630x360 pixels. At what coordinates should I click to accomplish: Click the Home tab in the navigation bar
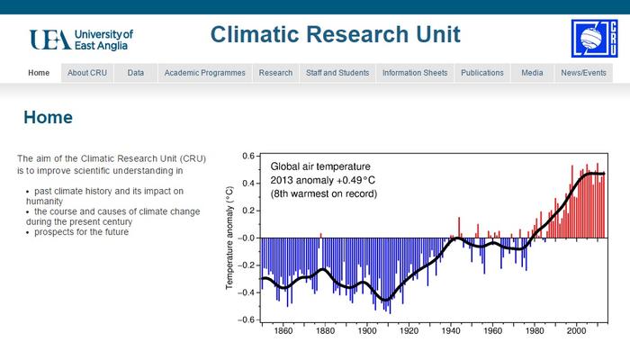coord(39,73)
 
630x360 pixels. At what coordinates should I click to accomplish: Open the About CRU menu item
coord(87,73)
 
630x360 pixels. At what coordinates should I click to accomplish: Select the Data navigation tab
coord(136,73)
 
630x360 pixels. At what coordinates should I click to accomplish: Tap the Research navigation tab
coord(275,73)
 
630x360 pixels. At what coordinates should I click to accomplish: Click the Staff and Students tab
coord(337,73)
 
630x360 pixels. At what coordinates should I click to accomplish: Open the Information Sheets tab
coord(415,73)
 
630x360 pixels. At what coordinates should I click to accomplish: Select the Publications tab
coord(482,73)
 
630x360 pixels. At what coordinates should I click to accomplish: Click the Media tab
coord(532,73)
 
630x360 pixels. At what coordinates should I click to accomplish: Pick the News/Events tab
coord(583,73)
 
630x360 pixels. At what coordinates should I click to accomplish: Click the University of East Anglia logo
coord(81,39)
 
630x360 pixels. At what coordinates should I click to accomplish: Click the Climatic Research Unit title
coord(335,35)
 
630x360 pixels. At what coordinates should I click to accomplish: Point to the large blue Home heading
coord(48,118)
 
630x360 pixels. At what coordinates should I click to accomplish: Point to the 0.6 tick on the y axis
coord(247,156)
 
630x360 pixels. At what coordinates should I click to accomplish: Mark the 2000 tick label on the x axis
coord(576,331)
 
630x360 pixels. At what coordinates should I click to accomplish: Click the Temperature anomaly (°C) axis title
coord(229,238)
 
